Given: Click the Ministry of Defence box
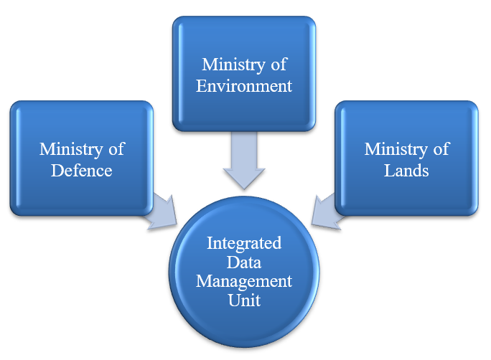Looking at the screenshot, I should [81, 158].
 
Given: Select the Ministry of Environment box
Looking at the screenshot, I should [244, 74].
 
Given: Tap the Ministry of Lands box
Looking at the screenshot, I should [406, 158].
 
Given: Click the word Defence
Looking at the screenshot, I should [81, 171].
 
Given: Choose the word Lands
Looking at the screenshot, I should [406, 171].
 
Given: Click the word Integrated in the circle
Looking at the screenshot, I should [244, 243].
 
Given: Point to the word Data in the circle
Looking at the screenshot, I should [244, 262].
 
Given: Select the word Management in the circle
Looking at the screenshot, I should [245, 281].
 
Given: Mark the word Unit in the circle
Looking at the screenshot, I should [244, 300].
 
